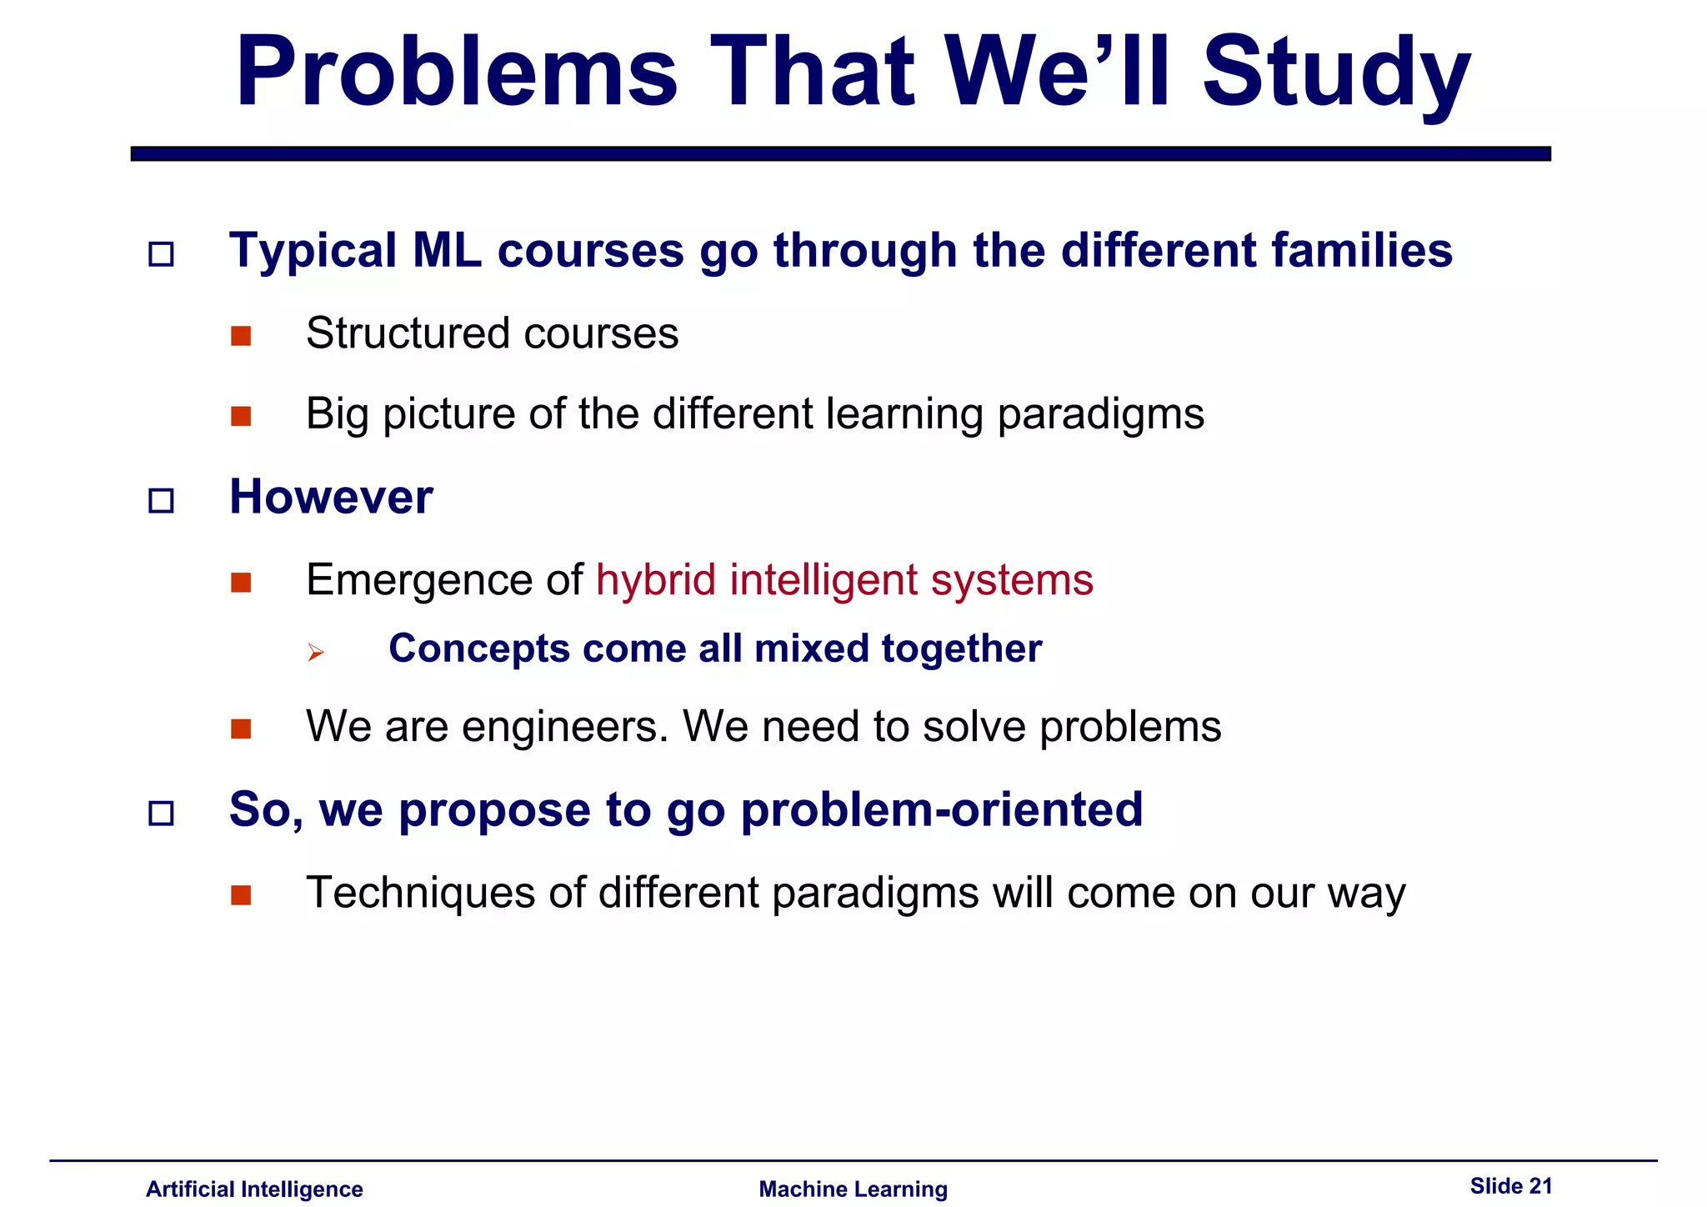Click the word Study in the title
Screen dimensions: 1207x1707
[1335, 73]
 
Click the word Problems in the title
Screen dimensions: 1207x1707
[457, 73]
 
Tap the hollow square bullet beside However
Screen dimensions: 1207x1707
[161, 501]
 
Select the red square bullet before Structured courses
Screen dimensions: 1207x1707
[241, 336]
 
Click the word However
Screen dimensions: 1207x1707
[331, 498]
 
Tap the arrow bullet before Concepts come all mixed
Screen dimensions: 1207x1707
[315, 652]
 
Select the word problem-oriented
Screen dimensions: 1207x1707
[941, 809]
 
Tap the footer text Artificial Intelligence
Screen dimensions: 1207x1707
[254, 1189]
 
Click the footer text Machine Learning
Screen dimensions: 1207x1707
[853, 1189]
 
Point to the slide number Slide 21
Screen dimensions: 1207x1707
[1510, 1185]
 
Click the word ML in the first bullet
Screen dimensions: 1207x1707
[447, 251]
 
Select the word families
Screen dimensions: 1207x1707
[1361, 251]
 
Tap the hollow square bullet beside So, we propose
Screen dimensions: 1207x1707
[161, 813]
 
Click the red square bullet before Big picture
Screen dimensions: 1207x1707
[241, 416]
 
